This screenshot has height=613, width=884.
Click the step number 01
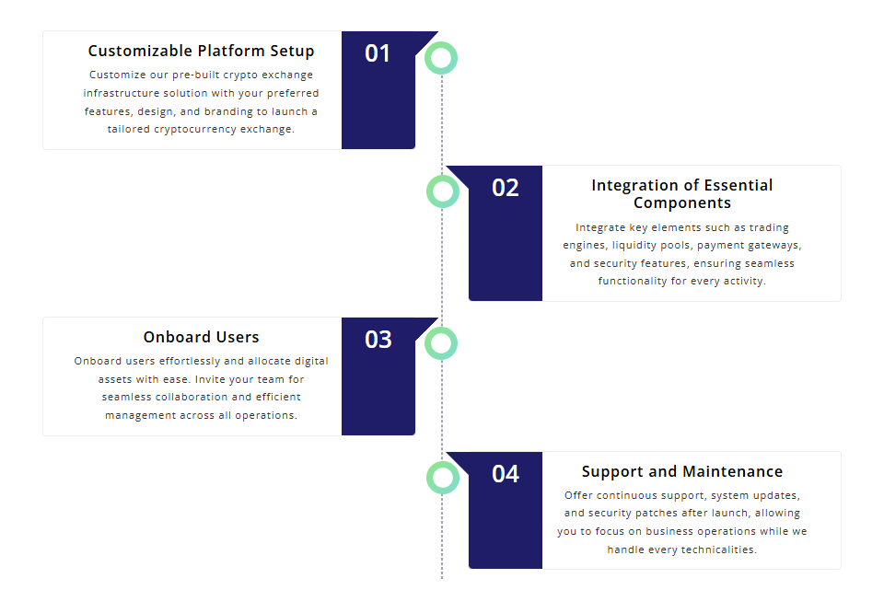coord(378,53)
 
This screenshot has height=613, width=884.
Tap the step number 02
coord(506,188)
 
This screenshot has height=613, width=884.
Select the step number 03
coord(378,340)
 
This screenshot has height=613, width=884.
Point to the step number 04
coord(506,474)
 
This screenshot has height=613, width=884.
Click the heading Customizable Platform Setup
coord(202,52)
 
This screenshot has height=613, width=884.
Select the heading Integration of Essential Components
coord(682,194)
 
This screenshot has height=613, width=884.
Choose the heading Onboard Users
coord(202,337)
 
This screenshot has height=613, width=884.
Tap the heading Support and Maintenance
coord(682,471)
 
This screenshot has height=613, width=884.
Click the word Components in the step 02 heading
coord(682,202)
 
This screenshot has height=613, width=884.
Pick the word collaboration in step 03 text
coord(192,397)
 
